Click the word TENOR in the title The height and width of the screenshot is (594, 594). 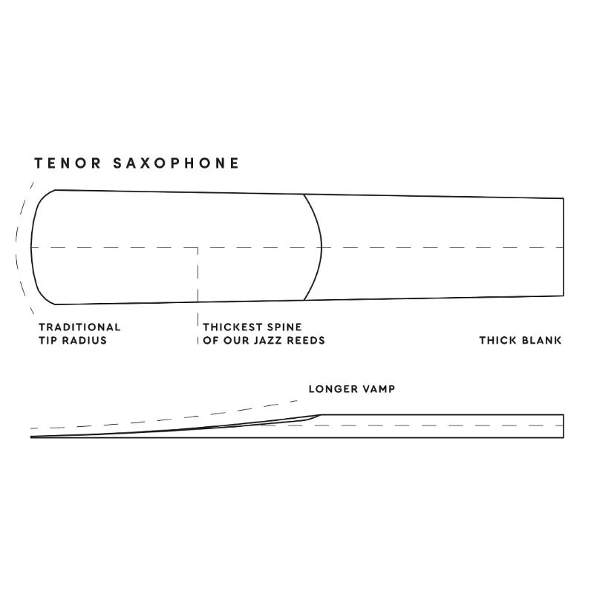[68, 163]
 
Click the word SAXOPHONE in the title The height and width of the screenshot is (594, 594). [176, 163]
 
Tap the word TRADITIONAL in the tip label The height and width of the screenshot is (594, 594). [79, 327]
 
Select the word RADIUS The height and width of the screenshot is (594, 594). [85, 340]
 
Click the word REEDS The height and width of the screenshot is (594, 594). [306, 340]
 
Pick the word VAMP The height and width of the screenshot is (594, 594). [376, 389]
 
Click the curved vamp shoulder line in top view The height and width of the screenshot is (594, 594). [322, 247]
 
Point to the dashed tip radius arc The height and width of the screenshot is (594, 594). [16, 248]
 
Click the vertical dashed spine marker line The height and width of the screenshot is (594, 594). [198, 296]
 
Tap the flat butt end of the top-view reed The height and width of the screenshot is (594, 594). [564, 247]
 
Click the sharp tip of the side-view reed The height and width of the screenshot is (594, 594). [31, 437]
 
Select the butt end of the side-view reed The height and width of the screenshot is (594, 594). [564, 426]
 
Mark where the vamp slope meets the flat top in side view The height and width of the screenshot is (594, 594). [321, 415]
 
